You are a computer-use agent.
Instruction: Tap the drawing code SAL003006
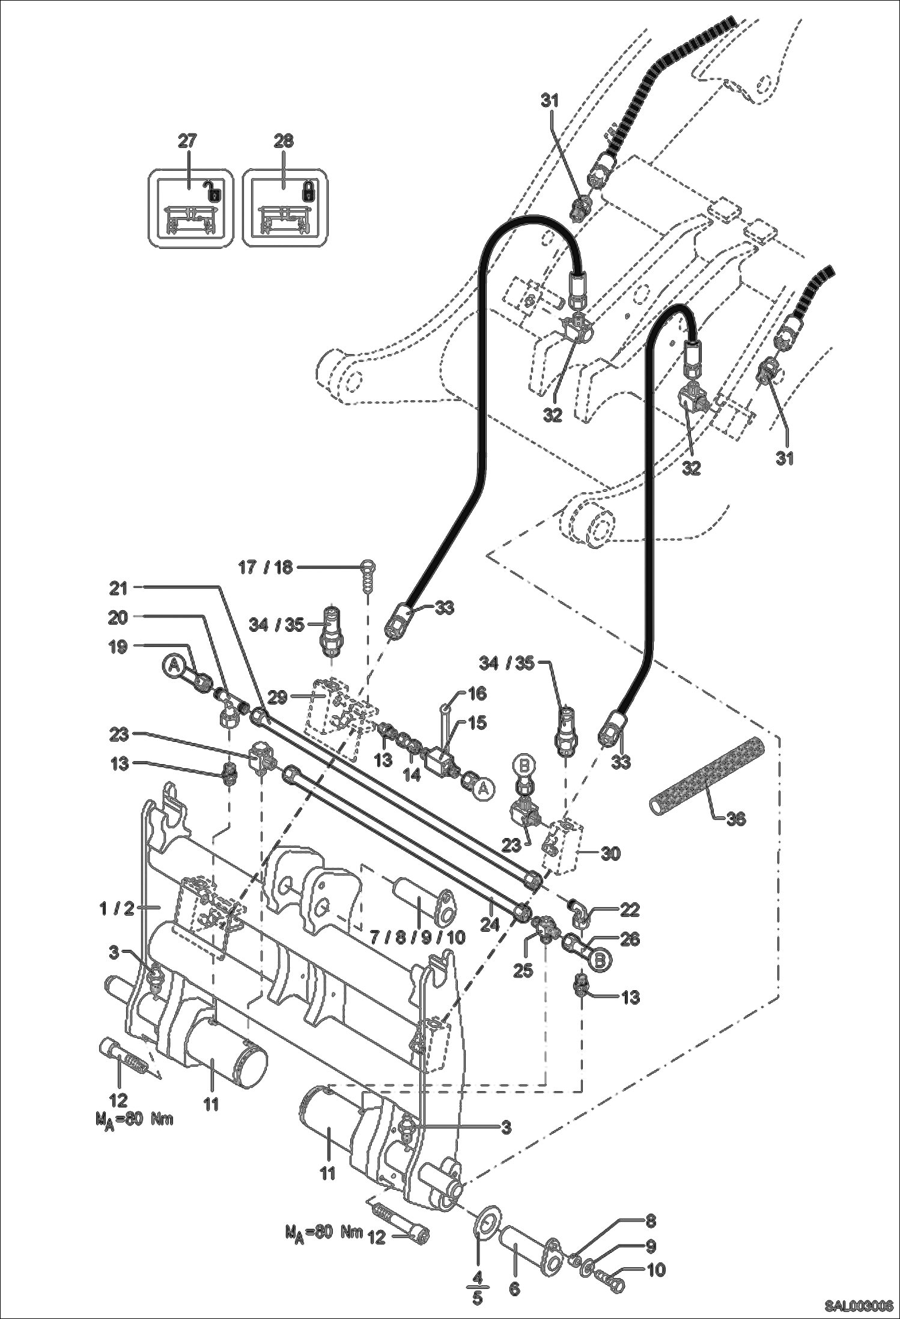858,1305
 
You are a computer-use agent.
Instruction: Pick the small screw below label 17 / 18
368,578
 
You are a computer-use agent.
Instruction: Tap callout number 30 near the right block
610,853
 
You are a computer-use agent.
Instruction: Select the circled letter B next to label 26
599,961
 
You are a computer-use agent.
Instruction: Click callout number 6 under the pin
515,1290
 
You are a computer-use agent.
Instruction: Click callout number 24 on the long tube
490,924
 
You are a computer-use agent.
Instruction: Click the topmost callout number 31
549,101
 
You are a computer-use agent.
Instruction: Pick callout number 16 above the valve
477,693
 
